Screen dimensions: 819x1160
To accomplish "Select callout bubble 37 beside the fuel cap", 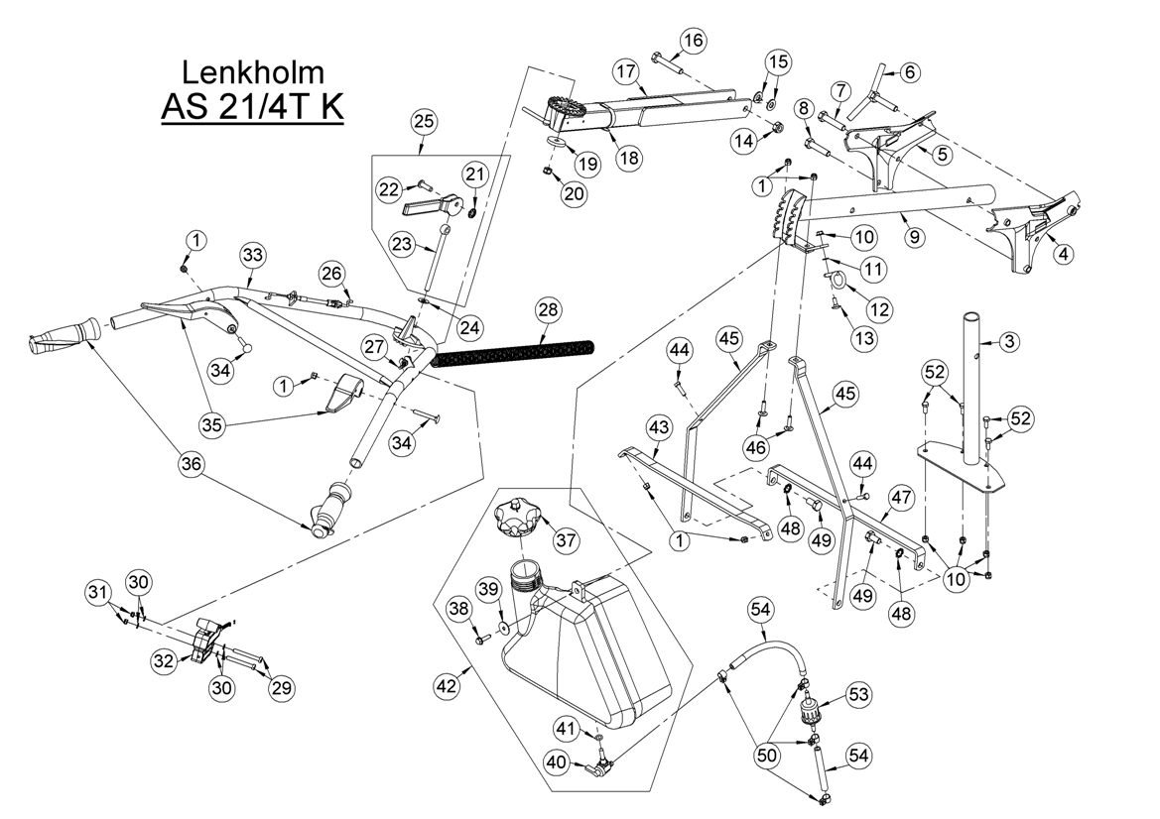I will click(x=567, y=540).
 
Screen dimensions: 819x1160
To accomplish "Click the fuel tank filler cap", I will click(x=515, y=518).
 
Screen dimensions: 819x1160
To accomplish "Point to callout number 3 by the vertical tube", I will click(x=1009, y=342).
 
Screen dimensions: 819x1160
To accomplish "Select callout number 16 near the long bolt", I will click(x=692, y=41).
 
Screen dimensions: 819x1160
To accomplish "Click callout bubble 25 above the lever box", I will click(x=423, y=122).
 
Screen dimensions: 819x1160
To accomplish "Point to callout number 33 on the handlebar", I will click(x=253, y=256).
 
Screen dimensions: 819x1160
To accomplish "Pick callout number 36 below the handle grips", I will click(x=193, y=462).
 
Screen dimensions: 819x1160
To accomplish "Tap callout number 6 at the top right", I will click(x=909, y=71).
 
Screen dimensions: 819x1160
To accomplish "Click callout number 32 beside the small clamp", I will click(x=164, y=660).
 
